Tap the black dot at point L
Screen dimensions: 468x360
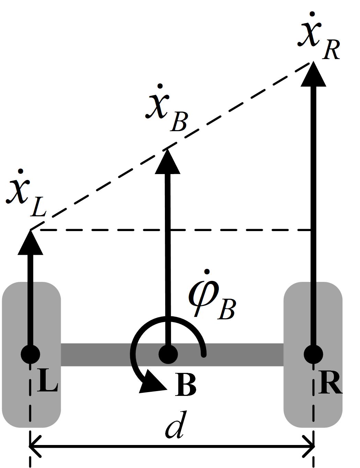click(31, 354)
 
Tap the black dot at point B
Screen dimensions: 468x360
click(168, 354)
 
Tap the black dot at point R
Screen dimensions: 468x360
click(313, 354)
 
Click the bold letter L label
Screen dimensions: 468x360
click(47, 380)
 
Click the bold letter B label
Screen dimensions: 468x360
click(185, 385)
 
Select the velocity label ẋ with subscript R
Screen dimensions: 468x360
click(318, 38)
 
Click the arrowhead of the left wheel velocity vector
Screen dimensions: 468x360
click(31, 244)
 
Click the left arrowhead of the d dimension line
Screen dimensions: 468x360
click(34, 446)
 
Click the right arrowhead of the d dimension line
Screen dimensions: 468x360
click(309, 446)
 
